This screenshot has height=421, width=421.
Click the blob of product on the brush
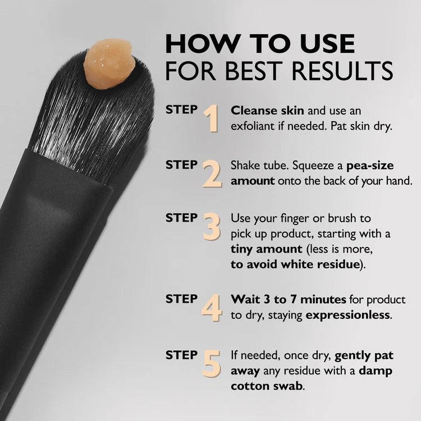(x=109, y=63)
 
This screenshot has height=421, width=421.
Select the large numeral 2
(x=212, y=173)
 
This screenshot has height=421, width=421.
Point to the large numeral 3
(x=211, y=226)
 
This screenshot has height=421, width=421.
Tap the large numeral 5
(x=212, y=363)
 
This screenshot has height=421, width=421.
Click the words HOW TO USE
(x=260, y=44)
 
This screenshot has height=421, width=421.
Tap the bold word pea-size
(x=370, y=166)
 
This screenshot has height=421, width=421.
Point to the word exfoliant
(x=254, y=126)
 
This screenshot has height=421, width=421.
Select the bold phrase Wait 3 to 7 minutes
(x=282, y=299)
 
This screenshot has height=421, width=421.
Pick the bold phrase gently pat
(x=364, y=355)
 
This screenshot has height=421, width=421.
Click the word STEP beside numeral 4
(x=181, y=299)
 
